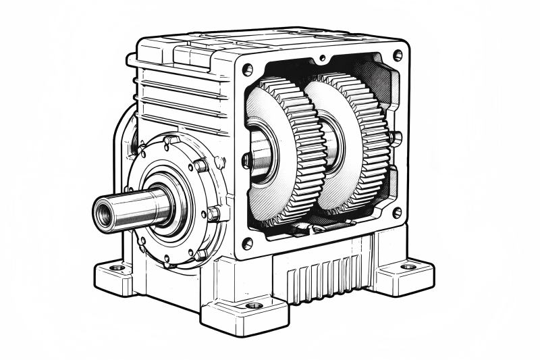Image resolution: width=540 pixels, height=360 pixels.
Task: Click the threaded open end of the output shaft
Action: point(103,212)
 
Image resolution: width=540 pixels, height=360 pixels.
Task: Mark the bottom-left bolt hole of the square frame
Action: point(248,242)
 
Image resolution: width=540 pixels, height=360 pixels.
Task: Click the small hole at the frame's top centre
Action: point(323,59)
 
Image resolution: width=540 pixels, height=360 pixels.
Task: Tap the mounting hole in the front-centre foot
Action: point(254,305)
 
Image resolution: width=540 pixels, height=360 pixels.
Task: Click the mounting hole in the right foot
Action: point(408,266)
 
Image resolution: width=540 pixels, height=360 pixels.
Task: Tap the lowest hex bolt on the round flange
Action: point(200,255)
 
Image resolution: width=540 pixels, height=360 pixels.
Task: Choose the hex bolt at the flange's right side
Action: point(213,214)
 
